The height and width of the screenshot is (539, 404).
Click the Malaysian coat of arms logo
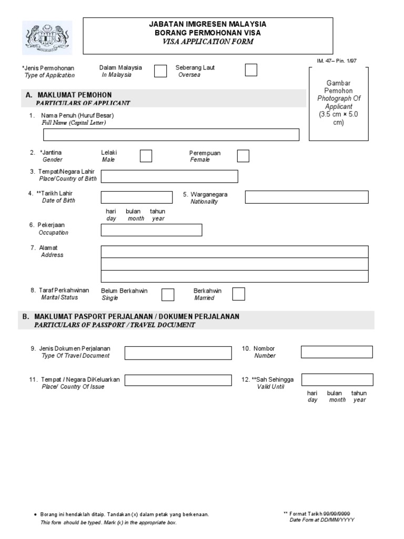pyautogui.click(x=47, y=37)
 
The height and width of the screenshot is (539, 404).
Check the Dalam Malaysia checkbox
pyautogui.click(x=160, y=71)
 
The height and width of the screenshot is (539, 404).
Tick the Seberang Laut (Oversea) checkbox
pyautogui.click(x=251, y=70)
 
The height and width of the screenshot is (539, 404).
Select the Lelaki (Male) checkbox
pyautogui.click(x=146, y=156)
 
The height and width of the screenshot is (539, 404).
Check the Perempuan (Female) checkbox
pyautogui.click(x=243, y=156)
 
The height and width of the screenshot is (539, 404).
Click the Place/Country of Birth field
pyautogui.click(x=169, y=176)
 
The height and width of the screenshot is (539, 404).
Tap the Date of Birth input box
pyautogui.click(x=137, y=197)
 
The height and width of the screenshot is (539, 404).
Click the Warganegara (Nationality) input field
pyautogui.click(x=307, y=197)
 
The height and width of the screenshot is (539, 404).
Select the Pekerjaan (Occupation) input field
pyautogui.click(x=151, y=230)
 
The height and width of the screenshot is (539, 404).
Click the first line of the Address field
pyautogui.click(x=235, y=251)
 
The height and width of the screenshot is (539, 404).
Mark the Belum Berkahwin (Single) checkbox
pyautogui.click(x=168, y=294)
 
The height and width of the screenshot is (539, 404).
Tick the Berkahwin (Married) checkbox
pyautogui.click(x=238, y=294)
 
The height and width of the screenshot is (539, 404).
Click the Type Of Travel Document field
pyautogui.click(x=178, y=353)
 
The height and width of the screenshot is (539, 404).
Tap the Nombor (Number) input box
pyautogui.click(x=337, y=352)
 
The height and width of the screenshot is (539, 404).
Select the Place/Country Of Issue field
pyautogui.click(x=178, y=380)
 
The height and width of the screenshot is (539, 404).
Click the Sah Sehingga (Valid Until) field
pyautogui.click(x=337, y=380)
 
